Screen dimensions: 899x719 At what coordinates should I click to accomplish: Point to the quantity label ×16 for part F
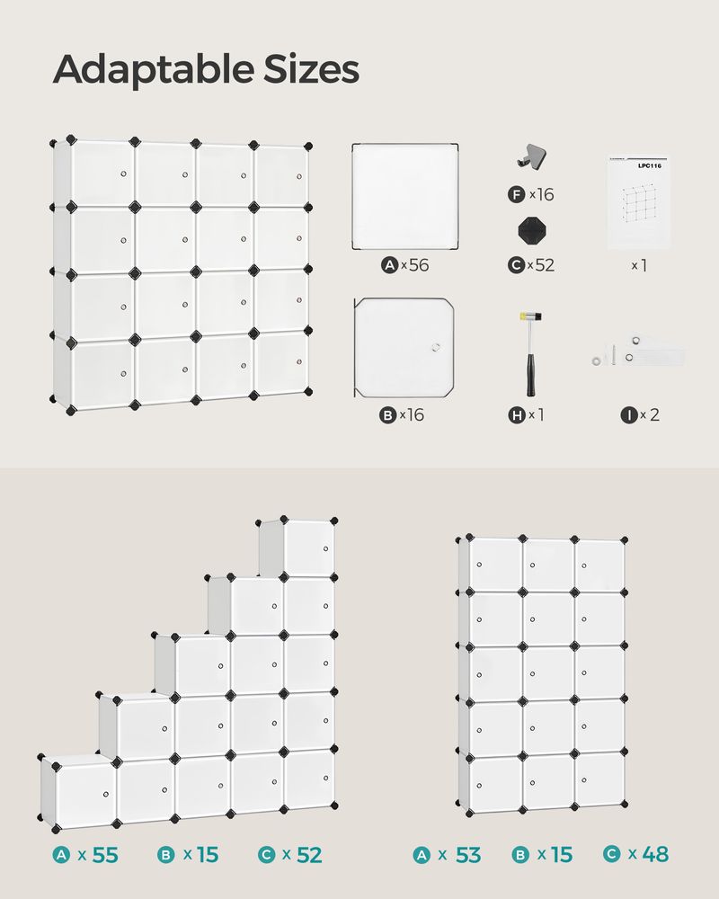pyautogui.click(x=541, y=194)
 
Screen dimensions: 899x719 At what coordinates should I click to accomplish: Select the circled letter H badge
pyautogui.click(x=517, y=414)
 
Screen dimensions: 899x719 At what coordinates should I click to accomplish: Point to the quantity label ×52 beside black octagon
pyautogui.click(x=541, y=265)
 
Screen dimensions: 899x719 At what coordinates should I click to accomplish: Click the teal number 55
pyautogui.click(x=105, y=855)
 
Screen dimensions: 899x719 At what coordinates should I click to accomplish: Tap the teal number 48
pyautogui.click(x=656, y=855)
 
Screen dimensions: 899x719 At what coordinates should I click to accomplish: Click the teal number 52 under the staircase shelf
pyautogui.click(x=308, y=855)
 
